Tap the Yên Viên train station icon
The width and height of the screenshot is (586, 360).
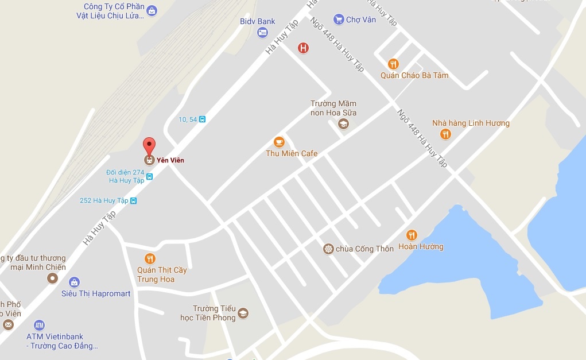(149, 160)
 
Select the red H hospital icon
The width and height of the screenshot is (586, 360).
(304, 48)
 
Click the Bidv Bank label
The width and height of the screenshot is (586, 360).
(258, 21)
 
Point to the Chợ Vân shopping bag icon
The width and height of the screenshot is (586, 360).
(338, 20)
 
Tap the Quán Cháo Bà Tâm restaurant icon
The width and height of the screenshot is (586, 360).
(393, 64)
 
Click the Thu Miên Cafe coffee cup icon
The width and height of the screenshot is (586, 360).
(279, 142)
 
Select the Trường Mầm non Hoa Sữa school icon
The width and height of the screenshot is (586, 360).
(343, 124)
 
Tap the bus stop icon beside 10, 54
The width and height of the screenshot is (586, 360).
(202, 119)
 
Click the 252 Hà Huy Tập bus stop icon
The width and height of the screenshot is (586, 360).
(134, 201)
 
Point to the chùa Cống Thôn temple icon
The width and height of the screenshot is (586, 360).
(328, 249)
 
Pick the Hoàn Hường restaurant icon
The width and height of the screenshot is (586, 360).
(412, 235)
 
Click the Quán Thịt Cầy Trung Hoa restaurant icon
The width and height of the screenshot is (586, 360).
(150, 258)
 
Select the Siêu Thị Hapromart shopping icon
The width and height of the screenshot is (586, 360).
(74, 282)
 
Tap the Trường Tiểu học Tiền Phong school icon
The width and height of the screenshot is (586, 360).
(243, 313)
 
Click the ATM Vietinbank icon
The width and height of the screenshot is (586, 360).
(39, 325)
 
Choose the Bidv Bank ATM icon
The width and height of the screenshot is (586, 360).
(262, 33)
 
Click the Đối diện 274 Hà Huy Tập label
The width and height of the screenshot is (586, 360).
(126, 176)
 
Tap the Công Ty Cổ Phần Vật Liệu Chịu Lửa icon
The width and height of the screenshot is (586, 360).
(152, 10)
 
